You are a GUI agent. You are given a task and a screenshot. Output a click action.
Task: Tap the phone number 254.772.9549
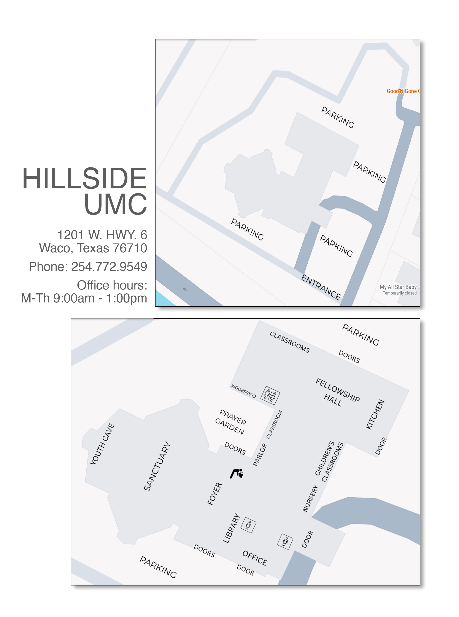point(109,267)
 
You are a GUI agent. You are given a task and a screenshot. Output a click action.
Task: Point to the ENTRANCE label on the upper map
point(321,287)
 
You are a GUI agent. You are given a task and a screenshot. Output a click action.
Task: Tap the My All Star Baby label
point(398,287)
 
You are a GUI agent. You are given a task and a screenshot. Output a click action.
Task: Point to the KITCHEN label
point(375,414)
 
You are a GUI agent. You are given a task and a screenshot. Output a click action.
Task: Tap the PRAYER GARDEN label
point(231,422)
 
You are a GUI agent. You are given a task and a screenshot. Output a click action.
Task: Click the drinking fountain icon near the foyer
point(237,473)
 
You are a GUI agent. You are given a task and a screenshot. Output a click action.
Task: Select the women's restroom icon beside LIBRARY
point(248,525)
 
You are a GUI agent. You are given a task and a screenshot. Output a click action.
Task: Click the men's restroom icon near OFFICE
point(285,541)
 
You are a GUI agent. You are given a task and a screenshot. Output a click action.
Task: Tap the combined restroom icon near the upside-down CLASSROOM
point(270,395)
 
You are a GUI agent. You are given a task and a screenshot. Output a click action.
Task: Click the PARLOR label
point(260,455)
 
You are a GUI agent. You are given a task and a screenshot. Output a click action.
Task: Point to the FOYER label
point(214,494)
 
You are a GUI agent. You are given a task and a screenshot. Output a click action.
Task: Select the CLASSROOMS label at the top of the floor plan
point(289,342)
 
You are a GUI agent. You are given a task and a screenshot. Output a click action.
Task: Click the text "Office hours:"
point(112,285)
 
